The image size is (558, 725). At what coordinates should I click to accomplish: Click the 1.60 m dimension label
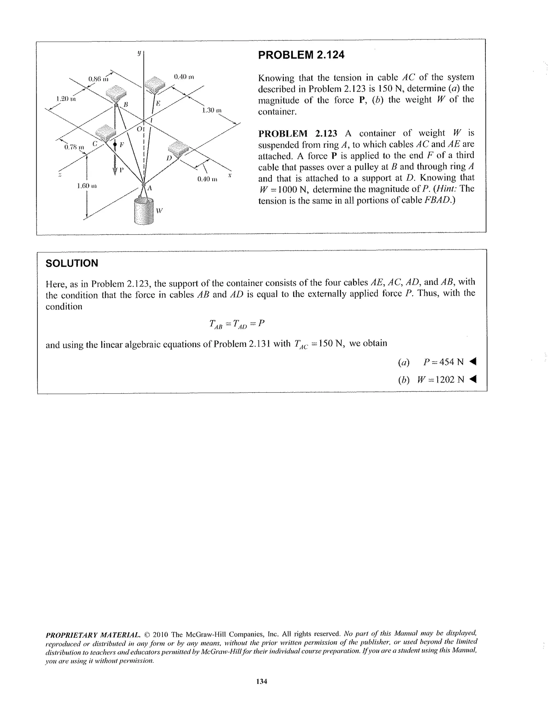click(87, 185)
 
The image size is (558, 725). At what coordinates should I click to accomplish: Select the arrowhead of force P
click(115, 171)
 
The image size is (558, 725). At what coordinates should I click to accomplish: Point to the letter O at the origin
click(139, 128)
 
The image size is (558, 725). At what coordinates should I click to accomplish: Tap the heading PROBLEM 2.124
click(301, 55)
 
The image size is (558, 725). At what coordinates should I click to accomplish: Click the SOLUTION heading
click(72, 263)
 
